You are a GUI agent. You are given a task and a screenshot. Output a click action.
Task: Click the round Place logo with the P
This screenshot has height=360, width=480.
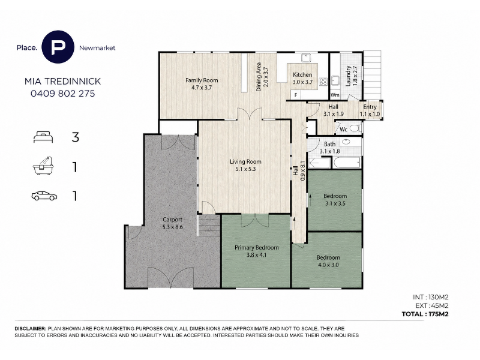[58, 47]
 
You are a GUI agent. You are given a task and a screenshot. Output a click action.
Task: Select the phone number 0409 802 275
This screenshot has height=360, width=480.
[63, 94]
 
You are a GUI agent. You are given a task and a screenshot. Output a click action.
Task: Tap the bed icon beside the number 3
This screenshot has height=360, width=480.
[43, 137]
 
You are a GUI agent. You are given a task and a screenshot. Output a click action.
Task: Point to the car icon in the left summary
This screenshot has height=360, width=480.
[44, 196]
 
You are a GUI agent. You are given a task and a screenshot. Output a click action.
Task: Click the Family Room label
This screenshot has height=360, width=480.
[202, 80]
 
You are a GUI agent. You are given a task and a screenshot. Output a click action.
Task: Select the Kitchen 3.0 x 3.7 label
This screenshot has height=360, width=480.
[302, 78]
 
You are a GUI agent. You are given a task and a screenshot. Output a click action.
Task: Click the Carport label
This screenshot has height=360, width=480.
[172, 220]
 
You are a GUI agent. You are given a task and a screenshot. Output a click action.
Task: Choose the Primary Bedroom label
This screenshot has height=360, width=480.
[257, 247]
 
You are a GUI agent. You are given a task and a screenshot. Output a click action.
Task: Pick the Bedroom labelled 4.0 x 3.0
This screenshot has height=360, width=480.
[328, 261]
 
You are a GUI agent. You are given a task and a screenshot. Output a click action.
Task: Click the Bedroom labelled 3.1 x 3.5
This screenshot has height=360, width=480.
[335, 200]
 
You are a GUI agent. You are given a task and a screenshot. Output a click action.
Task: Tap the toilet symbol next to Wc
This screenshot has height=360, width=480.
[355, 128]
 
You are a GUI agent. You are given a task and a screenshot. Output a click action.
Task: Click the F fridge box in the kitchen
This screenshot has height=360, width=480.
[296, 95]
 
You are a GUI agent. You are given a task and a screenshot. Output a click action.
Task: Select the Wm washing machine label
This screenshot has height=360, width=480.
[335, 95]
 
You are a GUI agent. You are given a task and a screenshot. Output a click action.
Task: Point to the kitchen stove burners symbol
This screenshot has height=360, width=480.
[323, 82]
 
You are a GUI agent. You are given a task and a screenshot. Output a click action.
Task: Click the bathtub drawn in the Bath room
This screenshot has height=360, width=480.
[347, 163]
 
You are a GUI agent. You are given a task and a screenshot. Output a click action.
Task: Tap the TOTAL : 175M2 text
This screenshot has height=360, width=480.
[425, 314]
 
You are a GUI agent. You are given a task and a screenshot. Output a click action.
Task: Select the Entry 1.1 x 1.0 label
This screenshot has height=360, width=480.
[370, 110]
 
